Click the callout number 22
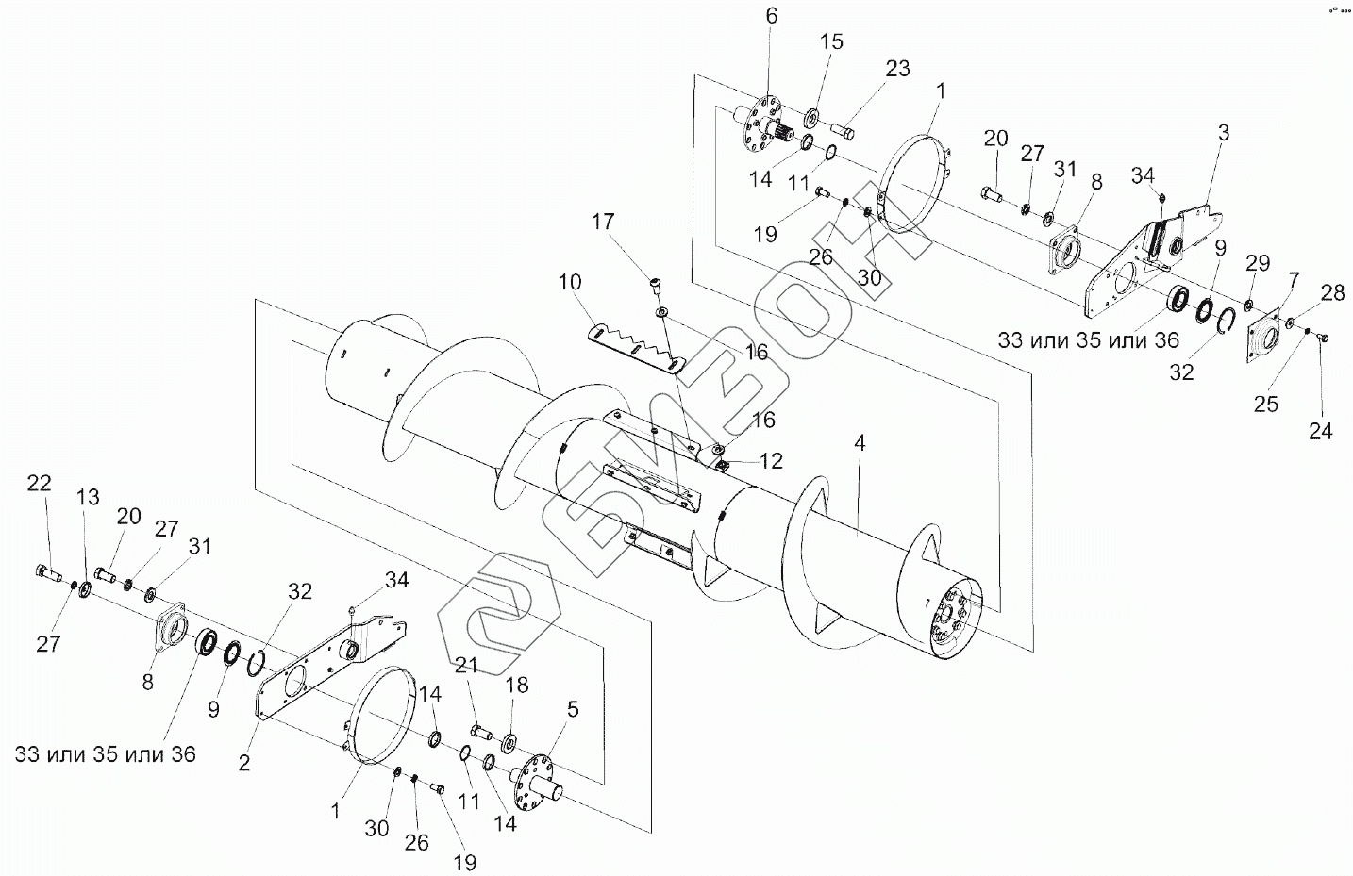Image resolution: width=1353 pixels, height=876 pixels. (x=40, y=483)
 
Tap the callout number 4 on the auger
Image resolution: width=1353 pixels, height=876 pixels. (x=860, y=444)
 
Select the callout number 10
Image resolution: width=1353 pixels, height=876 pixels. (x=570, y=283)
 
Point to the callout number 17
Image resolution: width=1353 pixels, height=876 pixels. (x=602, y=222)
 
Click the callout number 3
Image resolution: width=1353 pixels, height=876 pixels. (x=1223, y=133)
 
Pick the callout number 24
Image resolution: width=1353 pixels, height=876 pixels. (x=1320, y=431)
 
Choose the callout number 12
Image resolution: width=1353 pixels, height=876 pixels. (x=771, y=461)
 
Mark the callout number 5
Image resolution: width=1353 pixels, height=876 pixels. (x=573, y=709)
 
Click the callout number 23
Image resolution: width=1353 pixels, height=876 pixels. (x=897, y=68)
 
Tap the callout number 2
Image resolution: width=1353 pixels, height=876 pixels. (x=244, y=763)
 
